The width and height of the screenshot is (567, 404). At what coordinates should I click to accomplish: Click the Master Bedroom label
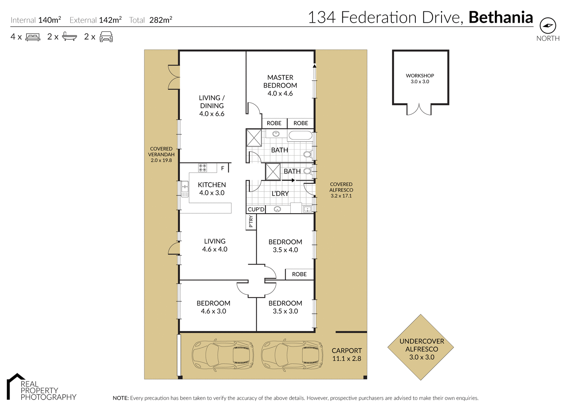point(280,85)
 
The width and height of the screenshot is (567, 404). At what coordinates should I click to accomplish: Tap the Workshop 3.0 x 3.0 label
point(420,79)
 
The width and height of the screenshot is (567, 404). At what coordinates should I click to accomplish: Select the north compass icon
point(548,26)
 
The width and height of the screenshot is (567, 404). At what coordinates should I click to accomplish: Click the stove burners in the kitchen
point(203,167)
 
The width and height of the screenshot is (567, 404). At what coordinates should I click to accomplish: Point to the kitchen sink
point(185,189)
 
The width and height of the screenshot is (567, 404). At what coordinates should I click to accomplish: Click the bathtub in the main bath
point(301,135)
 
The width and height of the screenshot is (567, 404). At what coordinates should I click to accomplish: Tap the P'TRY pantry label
point(251,221)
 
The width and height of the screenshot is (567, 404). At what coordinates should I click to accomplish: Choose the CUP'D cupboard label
point(256,209)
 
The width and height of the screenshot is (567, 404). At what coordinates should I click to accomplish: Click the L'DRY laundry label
point(280,193)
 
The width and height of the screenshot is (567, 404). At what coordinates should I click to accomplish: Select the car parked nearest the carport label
point(292,355)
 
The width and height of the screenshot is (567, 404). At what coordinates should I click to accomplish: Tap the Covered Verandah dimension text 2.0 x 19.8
point(161,160)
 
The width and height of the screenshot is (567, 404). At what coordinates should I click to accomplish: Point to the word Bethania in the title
point(501,17)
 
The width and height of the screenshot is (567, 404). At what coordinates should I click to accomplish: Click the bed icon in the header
point(33,37)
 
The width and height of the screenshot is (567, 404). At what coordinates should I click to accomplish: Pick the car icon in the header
point(106,37)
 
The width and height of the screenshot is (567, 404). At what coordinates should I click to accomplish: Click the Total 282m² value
point(161,20)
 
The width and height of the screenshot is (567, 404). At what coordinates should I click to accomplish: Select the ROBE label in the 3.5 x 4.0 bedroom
point(299,274)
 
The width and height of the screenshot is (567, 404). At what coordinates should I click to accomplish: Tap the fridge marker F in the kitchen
point(223,168)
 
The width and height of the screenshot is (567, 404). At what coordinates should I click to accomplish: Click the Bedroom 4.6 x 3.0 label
point(214,307)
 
